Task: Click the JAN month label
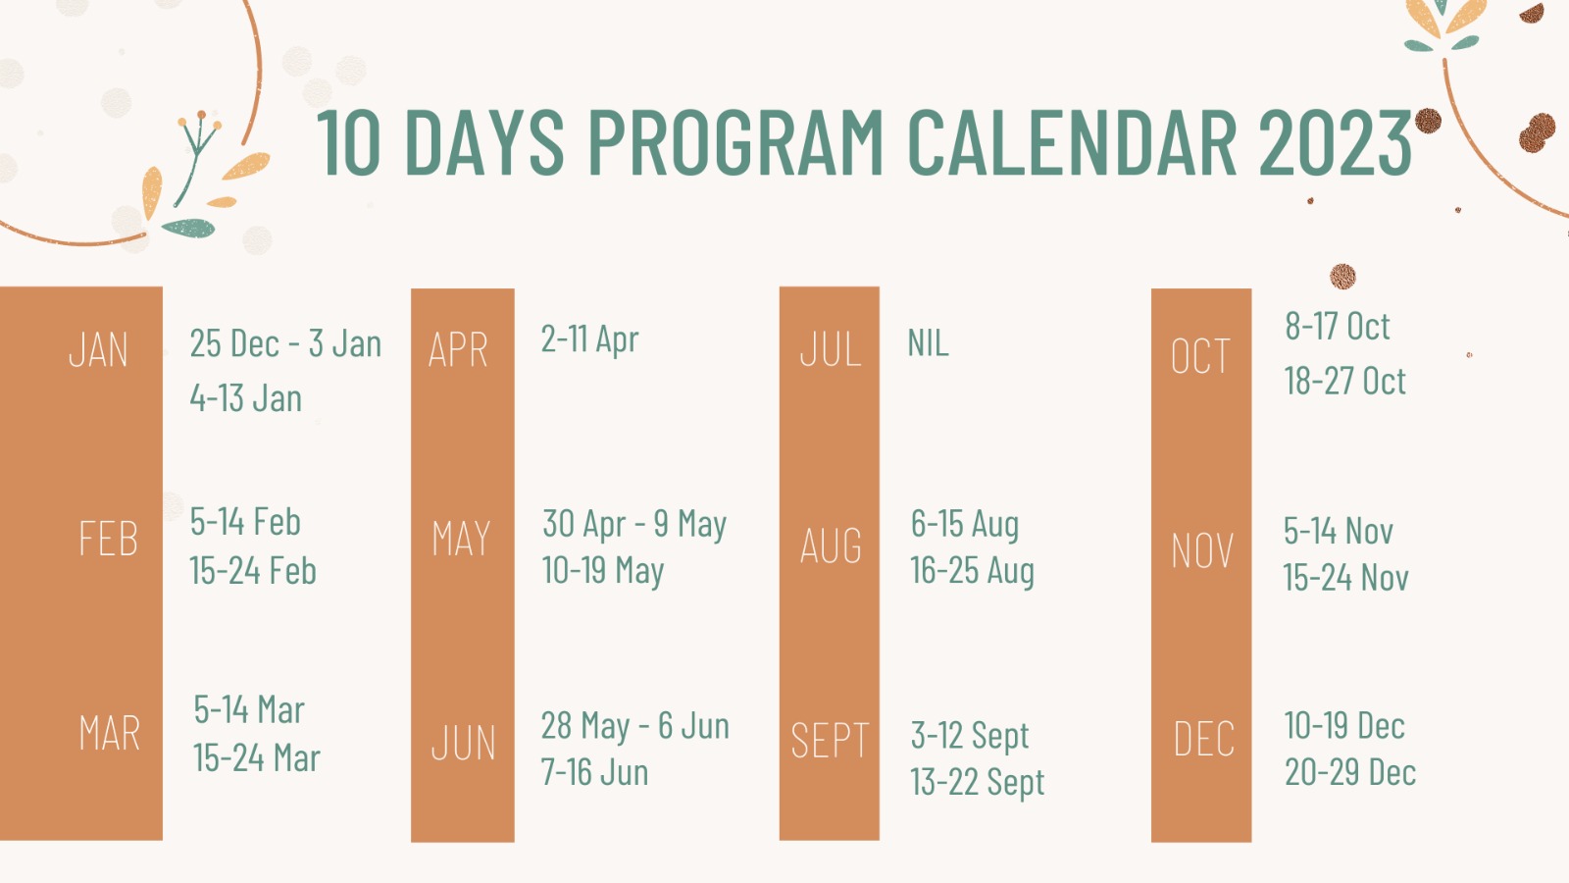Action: (x=98, y=349)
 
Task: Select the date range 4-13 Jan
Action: (x=246, y=398)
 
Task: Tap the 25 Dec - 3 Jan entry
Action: (x=285, y=343)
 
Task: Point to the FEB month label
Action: (x=108, y=539)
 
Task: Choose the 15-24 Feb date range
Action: (x=253, y=570)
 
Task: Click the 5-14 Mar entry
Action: (x=249, y=709)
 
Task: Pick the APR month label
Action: (x=458, y=349)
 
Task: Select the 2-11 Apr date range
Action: (x=589, y=339)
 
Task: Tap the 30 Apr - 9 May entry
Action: (x=634, y=524)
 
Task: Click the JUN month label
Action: (x=463, y=743)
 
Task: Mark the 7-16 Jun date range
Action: (x=594, y=772)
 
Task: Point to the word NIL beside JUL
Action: (x=928, y=343)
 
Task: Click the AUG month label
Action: (x=831, y=545)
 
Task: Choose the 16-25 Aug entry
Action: (x=972, y=570)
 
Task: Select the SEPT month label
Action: (x=830, y=740)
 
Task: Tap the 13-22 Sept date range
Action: (x=977, y=782)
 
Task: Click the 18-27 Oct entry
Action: (x=1344, y=382)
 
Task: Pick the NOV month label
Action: (x=1202, y=550)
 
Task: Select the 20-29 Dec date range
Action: (x=1350, y=772)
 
